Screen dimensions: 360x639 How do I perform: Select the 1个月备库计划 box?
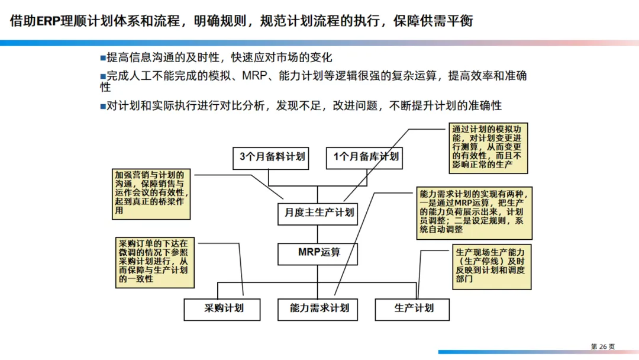[x=363, y=157]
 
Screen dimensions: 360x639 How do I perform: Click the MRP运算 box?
[x=318, y=253]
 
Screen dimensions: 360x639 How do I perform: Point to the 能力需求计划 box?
[x=318, y=308]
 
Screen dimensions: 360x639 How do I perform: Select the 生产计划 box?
[x=412, y=308]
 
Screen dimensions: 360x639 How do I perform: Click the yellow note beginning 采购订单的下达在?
[x=153, y=261]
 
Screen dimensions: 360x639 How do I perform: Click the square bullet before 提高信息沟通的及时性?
[x=102, y=57]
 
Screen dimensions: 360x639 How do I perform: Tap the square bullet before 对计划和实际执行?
[x=102, y=106]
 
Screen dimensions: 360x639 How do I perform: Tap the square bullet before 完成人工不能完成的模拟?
[x=102, y=76]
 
